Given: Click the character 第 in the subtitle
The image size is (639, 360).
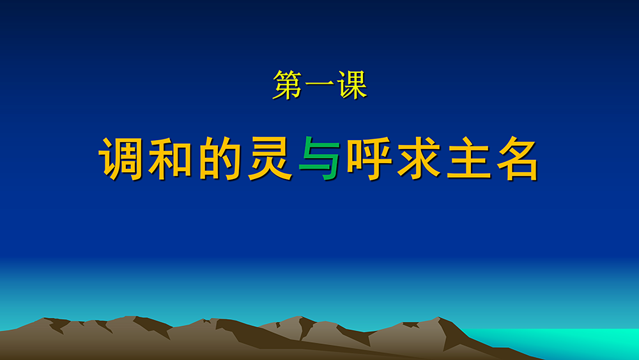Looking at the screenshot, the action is pyautogui.click(x=288, y=85).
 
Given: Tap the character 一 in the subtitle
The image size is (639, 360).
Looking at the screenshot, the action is pyautogui.click(x=319, y=85).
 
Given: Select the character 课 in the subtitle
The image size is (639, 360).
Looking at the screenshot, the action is pyautogui.click(x=351, y=85).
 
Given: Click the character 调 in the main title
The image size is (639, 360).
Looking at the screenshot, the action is pyautogui.click(x=121, y=159).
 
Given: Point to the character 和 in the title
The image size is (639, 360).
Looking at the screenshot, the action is pyautogui.click(x=171, y=159).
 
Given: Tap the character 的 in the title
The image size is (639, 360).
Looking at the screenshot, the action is pyautogui.click(x=220, y=159).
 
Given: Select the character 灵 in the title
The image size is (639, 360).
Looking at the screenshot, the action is pyautogui.click(x=270, y=159).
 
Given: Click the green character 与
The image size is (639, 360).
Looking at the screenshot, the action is pyautogui.click(x=320, y=159).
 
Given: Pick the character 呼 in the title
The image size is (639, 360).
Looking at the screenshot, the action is pyautogui.click(x=369, y=159).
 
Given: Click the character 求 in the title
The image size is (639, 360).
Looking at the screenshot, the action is pyautogui.click(x=419, y=159).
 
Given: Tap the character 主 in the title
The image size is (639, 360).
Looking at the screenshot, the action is pyautogui.click(x=468, y=159).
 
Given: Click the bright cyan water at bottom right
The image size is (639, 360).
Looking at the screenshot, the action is pyautogui.click(x=571, y=343).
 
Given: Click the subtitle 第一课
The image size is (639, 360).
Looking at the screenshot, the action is pyautogui.click(x=320, y=85).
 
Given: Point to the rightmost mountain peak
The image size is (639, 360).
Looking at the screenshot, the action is pyautogui.click(x=438, y=318).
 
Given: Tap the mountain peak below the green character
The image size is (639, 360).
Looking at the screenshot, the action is pyautogui.click(x=300, y=317).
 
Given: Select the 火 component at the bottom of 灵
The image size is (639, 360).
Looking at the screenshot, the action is pyautogui.click(x=270, y=169).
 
